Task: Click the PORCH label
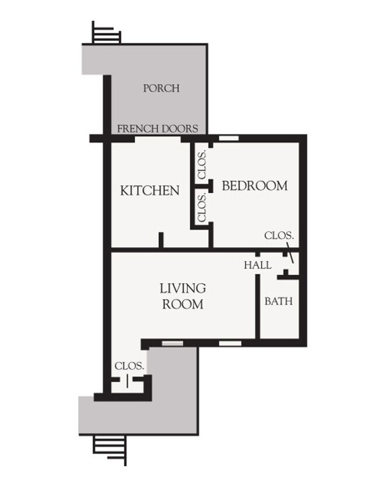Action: pyautogui.click(x=161, y=89)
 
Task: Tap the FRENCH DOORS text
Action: pyautogui.click(x=158, y=129)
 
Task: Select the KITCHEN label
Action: pyautogui.click(x=149, y=191)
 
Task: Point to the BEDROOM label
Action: pyautogui.click(x=255, y=186)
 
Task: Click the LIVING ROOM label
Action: pyautogui.click(x=183, y=296)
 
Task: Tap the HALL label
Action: pyautogui.click(x=257, y=265)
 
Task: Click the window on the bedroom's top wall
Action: pyautogui.click(x=229, y=138)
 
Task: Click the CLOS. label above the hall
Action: pyautogui.click(x=279, y=236)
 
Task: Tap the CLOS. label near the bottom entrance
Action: pyautogui.click(x=129, y=366)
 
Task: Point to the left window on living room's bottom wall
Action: pyautogui.click(x=171, y=343)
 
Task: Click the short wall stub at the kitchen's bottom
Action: pyautogui.click(x=161, y=241)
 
